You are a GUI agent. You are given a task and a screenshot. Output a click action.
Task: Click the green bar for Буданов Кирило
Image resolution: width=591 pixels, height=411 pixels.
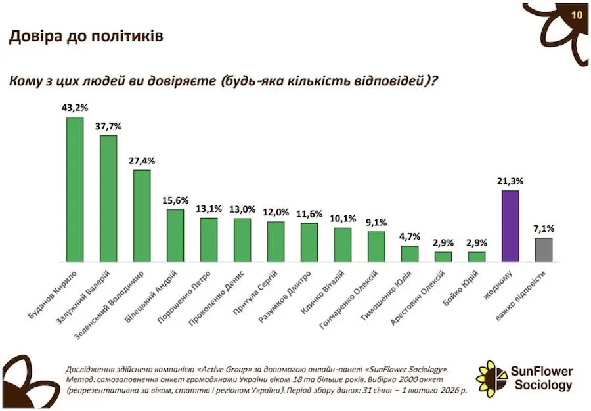(75, 190)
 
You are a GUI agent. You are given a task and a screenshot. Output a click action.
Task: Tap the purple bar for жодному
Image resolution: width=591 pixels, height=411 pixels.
(510, 227)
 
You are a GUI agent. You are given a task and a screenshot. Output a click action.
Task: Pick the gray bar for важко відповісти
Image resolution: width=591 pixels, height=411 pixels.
(544, 250)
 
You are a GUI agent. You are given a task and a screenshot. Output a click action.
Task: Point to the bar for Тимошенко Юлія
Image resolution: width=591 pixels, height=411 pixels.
(410, 254)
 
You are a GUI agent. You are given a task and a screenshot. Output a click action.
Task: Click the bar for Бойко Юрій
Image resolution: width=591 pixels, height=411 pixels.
(477, 257)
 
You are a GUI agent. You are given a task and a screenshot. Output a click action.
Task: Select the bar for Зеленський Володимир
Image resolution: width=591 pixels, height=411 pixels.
(142, 216)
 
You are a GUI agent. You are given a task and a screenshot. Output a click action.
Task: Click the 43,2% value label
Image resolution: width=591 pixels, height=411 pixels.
(75, 106)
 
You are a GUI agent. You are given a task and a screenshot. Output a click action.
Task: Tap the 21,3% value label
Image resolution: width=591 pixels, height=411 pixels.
(510, 180)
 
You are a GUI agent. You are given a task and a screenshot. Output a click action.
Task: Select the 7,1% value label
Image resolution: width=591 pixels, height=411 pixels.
(544, 228)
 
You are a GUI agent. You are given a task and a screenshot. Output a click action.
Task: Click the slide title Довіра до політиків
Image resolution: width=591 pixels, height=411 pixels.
(85, 36)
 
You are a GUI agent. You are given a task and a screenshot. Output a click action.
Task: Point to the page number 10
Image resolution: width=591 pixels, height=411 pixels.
(576, 15)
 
